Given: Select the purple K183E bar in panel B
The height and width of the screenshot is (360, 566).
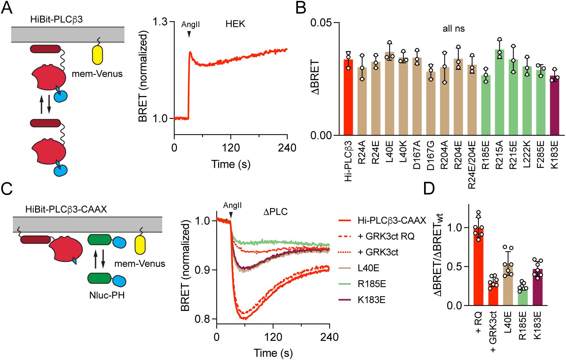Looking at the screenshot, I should point(554,106).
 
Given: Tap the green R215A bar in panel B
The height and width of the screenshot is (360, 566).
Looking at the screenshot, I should point(499,92).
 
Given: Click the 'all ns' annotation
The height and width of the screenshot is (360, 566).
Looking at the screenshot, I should point(453,29).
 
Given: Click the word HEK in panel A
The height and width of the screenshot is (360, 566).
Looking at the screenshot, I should point(235,24).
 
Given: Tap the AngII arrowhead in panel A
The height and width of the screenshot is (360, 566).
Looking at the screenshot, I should point(189,34).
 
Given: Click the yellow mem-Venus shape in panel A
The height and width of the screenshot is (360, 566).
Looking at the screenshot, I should point(97,54).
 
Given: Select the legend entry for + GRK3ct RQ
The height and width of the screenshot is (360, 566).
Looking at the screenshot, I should point(386,236).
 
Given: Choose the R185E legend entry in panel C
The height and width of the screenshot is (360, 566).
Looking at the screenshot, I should point(372,284).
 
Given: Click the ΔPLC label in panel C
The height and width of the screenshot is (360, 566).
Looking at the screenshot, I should point(275,212).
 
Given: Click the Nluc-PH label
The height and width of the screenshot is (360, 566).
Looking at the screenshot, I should point(107,295).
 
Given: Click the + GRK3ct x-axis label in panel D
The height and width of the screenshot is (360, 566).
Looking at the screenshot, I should point(493,332).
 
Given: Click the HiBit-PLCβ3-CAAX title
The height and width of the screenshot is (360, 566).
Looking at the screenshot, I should point(66,209).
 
